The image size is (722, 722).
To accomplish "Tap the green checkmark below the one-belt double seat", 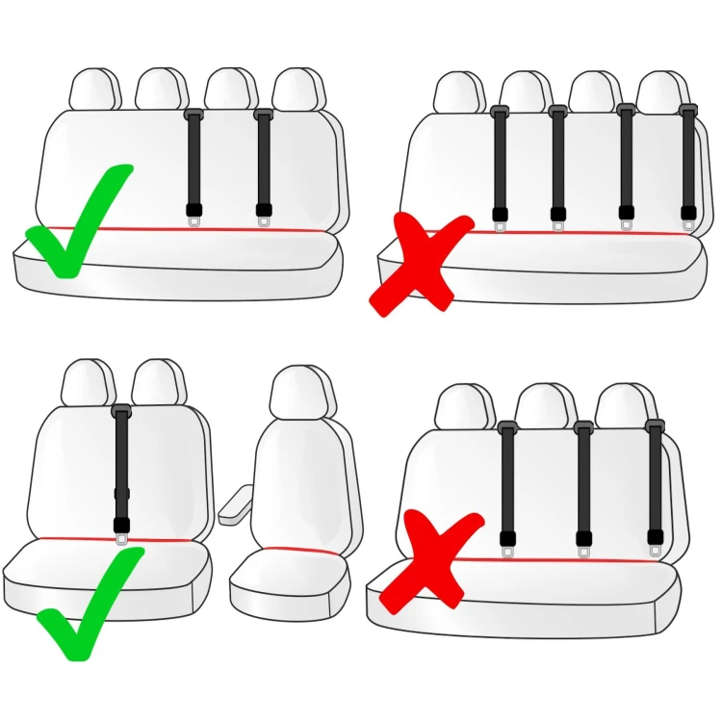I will pyautogui.click(x=90, y=606).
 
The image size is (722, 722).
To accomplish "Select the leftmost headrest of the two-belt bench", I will pyautogui.click(x=94, y=90).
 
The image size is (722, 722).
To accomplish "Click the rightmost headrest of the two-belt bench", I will pyautogui.click(x=295, y=90).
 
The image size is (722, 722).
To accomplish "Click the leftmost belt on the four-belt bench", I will pyautogui.click(x=500, y=164).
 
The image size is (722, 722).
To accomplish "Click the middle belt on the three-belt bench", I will pyautogui.click(x=583, y=481).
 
